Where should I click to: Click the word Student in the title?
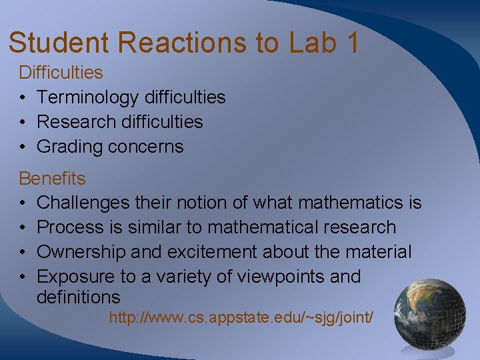coord(59,42)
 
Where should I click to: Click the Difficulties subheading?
coord(61,72)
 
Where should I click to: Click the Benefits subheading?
coord(52,179)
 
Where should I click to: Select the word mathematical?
coord(259,227)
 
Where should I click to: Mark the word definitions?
coord(78,297)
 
